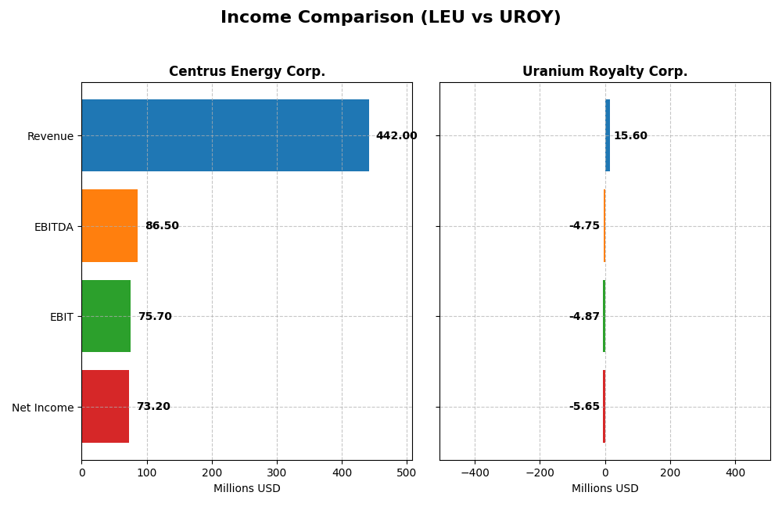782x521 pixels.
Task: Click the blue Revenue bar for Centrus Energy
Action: (225, 135)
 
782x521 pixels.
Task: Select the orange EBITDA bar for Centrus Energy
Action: (109, 226)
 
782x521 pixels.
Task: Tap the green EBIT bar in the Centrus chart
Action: (106, 316)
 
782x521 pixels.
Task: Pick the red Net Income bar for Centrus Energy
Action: (106, 407)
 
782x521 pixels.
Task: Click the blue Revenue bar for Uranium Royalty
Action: (608, 135)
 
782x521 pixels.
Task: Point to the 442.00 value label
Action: (396, 136)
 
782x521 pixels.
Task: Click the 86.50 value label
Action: (162, 226)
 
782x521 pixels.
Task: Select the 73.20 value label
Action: (153, 407)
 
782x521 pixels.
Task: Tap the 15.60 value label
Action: (630, 136)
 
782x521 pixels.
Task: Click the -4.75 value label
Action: (584, 226)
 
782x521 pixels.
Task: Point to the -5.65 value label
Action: (584, 407)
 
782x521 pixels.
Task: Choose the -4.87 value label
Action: (584, 317)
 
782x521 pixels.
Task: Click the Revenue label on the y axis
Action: (50, 136)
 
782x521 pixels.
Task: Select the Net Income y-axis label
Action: (43, 408)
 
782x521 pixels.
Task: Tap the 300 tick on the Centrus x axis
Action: (277, 472)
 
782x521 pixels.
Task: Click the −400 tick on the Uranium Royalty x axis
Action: (475, 472)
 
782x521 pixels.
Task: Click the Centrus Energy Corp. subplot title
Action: (247, 72)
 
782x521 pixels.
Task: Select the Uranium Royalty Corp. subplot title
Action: (605, 72)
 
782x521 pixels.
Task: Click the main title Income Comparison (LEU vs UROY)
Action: (391, 17)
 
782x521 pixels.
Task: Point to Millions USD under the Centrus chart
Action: (247, 489)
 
